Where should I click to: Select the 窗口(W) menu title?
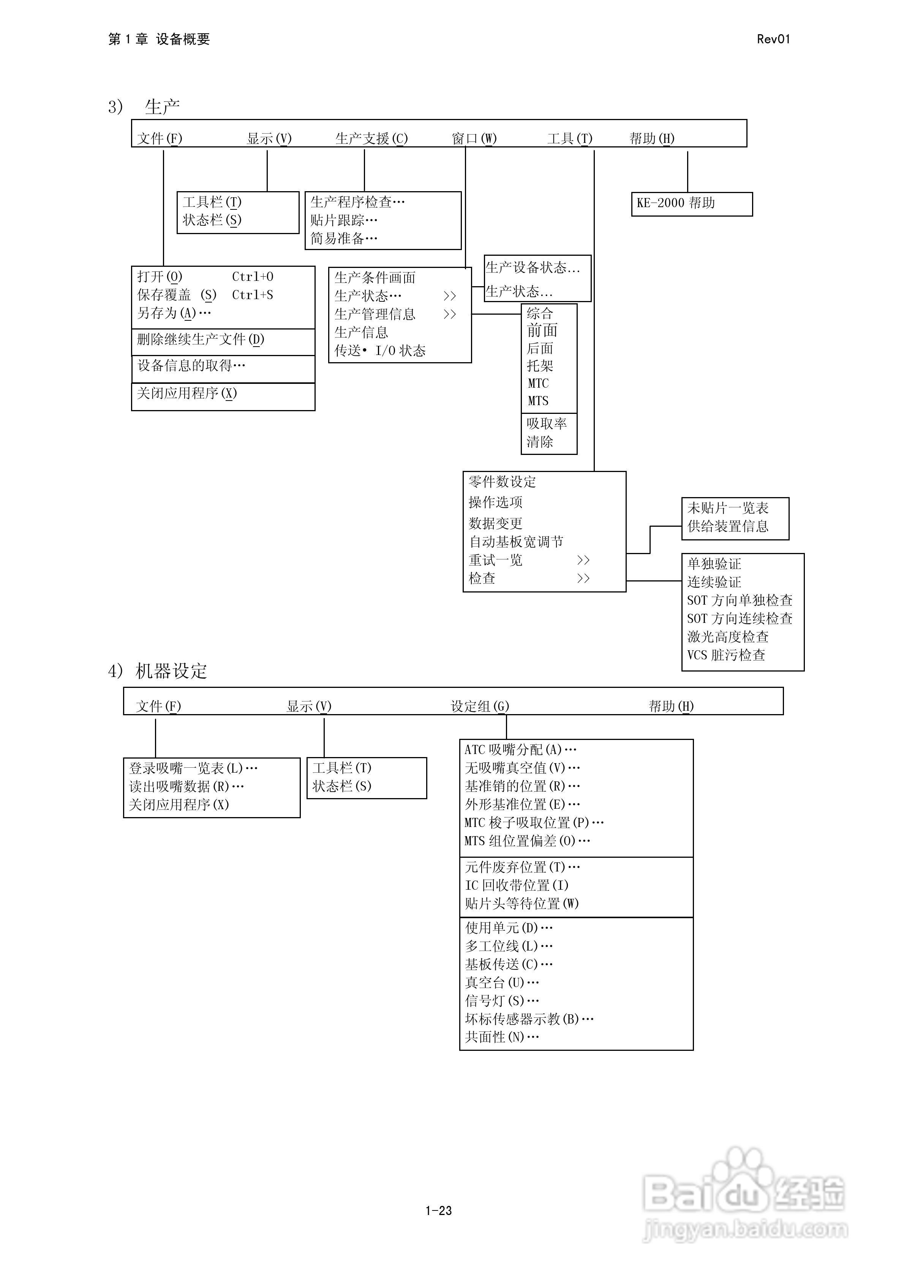(x=474, y=138)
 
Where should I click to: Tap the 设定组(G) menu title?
(x=480, y=707)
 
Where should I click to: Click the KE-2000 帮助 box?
(x=691, y=203)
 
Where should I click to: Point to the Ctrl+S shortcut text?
(x=253, y=295)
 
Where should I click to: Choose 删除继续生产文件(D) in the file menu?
(x=201, y=339)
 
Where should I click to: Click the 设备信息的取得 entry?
(x=191, y=366)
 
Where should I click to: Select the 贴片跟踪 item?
(x=344, y=220)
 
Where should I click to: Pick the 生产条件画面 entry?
(x=375, y=277)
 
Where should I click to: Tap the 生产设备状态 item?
(x=532, y=268)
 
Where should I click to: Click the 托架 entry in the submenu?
(x=539, y=366)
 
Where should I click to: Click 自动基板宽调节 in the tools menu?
(x=515, y=541)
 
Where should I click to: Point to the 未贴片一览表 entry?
(x=727, y=508)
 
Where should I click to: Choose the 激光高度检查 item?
(x=727, y=637)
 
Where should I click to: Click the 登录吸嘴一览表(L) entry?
(x=193, y=768)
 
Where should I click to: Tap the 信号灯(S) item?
(x=502, y=1001)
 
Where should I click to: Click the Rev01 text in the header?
(x=773, y=39)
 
